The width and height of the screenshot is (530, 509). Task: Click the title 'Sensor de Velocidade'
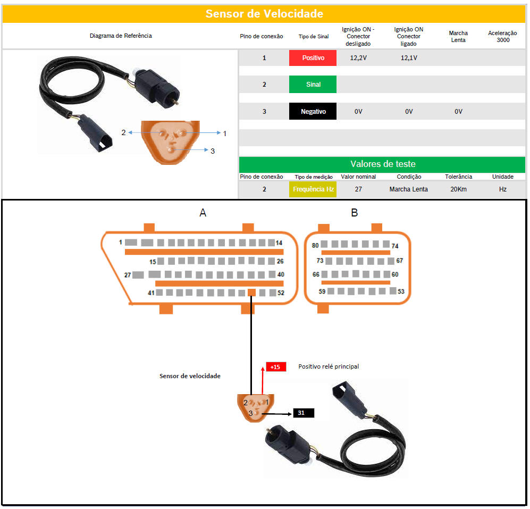click(264, 14)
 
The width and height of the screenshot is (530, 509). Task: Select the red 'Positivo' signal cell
click(313, 57)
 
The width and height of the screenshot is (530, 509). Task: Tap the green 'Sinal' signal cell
click(313, 84)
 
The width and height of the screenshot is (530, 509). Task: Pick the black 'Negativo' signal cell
click(313, 112)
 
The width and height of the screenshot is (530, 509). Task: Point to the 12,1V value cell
click(408, 57)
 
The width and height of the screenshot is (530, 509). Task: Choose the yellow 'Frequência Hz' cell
click(313, 189)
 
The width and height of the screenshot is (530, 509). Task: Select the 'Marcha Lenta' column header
click(458, 37)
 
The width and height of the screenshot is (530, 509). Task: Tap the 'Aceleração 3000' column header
click(502, 37)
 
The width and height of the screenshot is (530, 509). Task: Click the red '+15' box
click(275, 367)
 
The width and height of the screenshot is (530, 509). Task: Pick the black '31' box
click(301, 413)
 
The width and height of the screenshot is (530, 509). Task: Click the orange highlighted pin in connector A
click(252, 293)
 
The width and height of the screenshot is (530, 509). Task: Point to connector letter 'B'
click(354, 213)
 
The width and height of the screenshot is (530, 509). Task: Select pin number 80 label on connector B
click(315, 245)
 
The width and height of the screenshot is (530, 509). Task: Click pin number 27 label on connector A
click(128, 275)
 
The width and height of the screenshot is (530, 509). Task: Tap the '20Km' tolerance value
click(458, 189)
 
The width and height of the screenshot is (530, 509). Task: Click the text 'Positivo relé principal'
click(328, 366)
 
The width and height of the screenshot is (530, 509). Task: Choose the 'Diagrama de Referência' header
click(121, 36)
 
